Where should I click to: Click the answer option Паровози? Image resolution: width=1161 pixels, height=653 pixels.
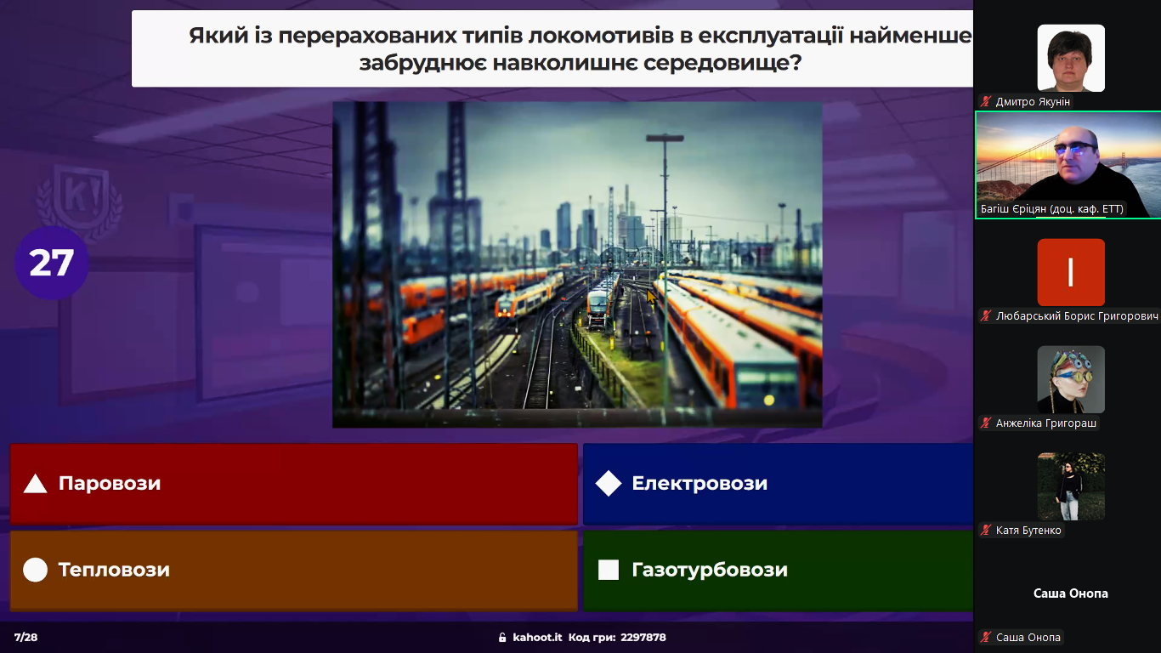(x=293, y=484)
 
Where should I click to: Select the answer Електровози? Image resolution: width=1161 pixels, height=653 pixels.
(x=778, y=484)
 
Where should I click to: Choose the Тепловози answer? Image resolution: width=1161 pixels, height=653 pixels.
(x=293, y=570)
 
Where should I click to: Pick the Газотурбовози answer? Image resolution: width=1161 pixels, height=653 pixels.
(x=778, y=570)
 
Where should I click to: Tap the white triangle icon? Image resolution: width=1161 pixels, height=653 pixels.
(x=35, y=484)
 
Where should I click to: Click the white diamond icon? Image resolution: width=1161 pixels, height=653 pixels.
(x=609, y=484)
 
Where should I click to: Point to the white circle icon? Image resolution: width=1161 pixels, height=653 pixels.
(x=35, y=570)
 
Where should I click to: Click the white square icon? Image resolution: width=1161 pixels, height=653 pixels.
(x=609, y=570)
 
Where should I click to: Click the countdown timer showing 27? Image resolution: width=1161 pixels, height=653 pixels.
(x=51, y=263)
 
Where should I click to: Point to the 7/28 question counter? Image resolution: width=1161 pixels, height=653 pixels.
(x=25, y=638)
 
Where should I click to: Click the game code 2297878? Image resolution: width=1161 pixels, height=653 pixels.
(x=643, y=638)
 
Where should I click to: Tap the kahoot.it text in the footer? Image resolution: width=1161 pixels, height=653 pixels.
(x=537, y=638)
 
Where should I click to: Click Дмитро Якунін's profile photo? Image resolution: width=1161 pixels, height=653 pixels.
(x=1071, y=58)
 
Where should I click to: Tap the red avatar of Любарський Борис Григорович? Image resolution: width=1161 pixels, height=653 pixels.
(x=1071, y=272)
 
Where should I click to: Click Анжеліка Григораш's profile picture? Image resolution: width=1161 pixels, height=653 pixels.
(x=1071, y=380)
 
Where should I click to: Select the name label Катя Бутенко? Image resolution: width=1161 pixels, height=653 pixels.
(x=1028, y=531)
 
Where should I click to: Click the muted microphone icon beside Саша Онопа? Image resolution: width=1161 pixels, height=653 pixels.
(x=985, y=638)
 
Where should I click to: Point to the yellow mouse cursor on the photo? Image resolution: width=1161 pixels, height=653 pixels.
(x=652, y=298)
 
